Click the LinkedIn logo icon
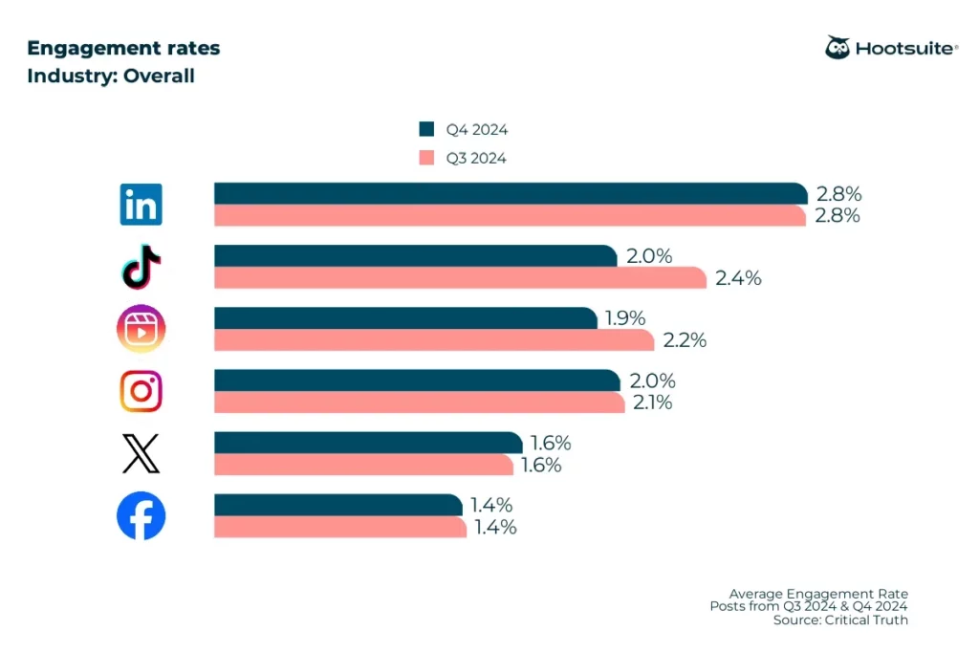(x=141, y=205)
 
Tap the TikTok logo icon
(x=141, y=267)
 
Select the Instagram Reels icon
(x=141, y=329)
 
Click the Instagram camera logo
(x=141, y=391)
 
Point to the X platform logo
(x=141, y=453)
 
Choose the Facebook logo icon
(x=141, y=516)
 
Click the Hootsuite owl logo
(x=838, y=48)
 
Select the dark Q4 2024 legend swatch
(x=426, y=130)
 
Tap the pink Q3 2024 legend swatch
(x=426, y=158)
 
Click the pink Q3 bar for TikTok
(x=459, y=278)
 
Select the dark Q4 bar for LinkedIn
(x=510, y=193)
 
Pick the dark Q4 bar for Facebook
(x=337, y=505)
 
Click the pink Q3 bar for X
(x=363, y=465)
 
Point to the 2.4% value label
(x=738, y=278)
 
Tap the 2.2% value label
(x=684, y=340)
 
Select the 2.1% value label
(x=651, y=403)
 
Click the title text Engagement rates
(x=123, y=48)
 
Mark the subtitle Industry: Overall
(x=111, y=76)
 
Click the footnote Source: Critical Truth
(x=840, y=620)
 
